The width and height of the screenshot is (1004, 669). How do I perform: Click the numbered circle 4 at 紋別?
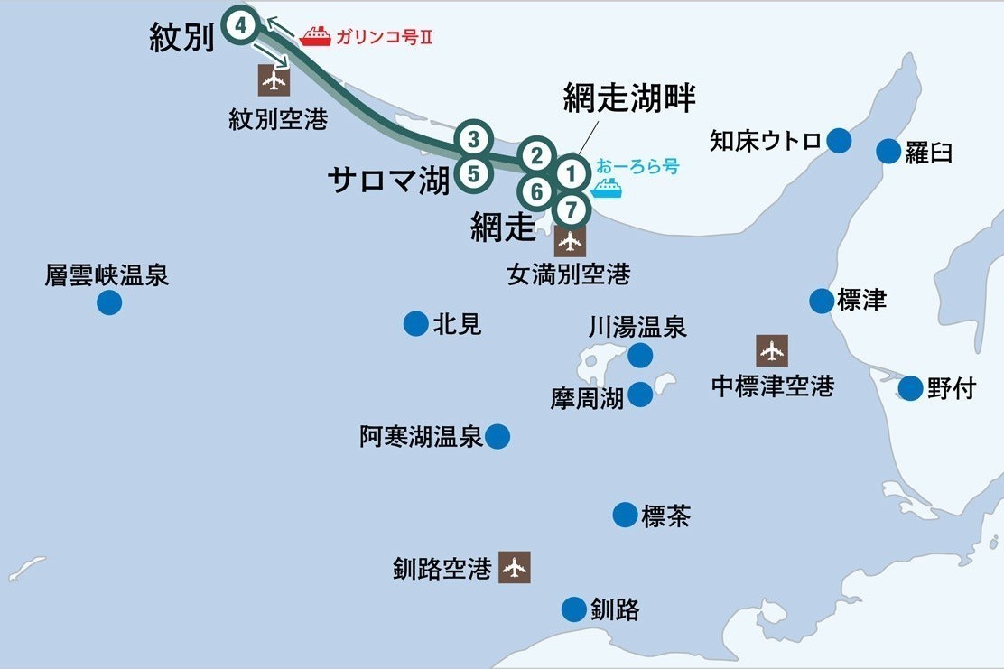pyautogui.click(x=241, y=25)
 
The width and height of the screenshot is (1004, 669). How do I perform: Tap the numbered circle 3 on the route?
pyautogui.click(x=474, y=139)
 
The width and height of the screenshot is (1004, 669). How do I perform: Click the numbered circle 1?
pyautogui.click(x=570, y=171)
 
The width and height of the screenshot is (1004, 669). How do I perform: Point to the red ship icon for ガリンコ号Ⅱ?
pyautogui.click(x=315, y=36)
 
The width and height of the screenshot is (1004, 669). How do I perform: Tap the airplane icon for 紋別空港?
pyautogui.click(x=274, y=80)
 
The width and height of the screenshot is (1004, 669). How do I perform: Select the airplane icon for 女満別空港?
pyautogui.click(x=570, y=241)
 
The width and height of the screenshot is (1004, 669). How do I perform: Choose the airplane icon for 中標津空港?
pyautogui.click(x=772, y=350)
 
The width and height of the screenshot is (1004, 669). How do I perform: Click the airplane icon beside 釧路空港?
pyautogui.click(x=515, y=568)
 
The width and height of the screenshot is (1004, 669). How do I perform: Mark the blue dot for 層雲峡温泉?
pyautogui.click(x=109, y=302)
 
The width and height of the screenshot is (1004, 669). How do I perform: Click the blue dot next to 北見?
pyautogui.click(x=415, y=323)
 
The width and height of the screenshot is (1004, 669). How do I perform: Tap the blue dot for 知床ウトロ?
pyautogui.click(x=840, y=140)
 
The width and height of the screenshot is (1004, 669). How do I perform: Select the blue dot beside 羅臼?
pyautogui.click(x=888, y=151)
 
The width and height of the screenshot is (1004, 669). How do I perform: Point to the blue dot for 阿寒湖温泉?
pyautogui.click(x=497, y=437)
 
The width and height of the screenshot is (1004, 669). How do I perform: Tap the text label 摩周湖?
pyautogui.click(x=587, y=398)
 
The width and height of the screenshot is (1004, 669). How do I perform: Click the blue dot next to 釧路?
pyautogui.click(x=574, y=609)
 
